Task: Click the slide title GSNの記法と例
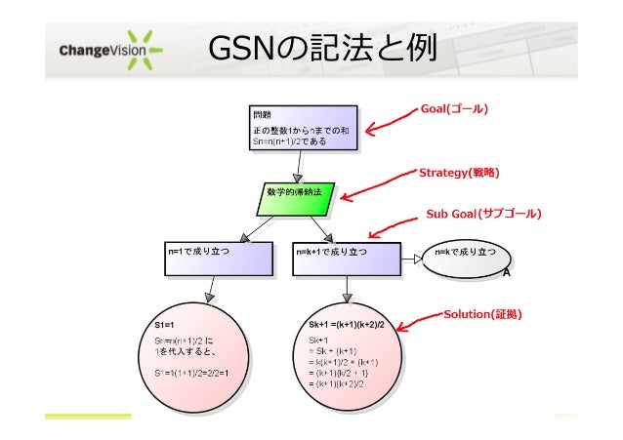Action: [321, 47]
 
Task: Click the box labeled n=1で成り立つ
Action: [217, 258]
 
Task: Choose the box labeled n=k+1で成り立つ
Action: [347, 258]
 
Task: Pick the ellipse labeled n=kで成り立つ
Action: [468, 256]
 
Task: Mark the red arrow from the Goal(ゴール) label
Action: [389, 120]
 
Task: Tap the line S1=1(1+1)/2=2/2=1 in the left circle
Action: [190, 373]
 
